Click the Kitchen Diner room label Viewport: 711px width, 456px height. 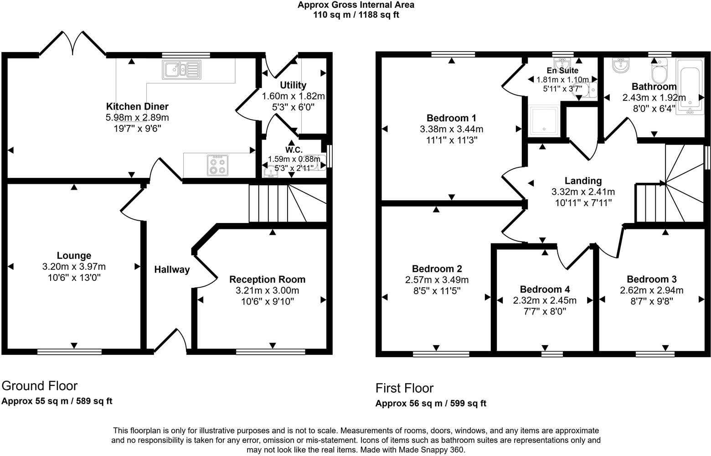(x=137, y=107)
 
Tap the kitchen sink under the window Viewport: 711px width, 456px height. (x=180, y=70)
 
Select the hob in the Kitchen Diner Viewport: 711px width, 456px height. (x=217, y=165)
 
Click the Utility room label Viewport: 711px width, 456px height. (x=293, y=85)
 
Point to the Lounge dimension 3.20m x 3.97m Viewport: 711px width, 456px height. (x=74, y=267)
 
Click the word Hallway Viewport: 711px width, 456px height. (x=172, y=269)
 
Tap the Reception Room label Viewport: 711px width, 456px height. (x=267, y=280)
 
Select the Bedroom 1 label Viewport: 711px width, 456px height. (x=451, y=118)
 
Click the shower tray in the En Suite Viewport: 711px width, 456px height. (x=544, y=121)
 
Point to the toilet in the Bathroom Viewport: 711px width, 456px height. (x=659, y=71)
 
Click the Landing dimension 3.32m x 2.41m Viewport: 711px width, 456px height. (x=583, y=192)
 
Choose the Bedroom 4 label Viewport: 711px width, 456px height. (x=545, y=290)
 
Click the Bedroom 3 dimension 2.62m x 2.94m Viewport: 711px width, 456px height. (x=651, y=290)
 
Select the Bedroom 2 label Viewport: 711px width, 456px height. (x=437, y=269)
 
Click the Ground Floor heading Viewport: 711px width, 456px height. (x=40, y=386)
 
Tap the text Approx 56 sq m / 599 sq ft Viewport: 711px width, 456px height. (x=431, y=404)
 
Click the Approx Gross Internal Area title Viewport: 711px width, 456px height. (x=356, y=5)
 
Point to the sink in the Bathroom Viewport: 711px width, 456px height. (x=620, y=66)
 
